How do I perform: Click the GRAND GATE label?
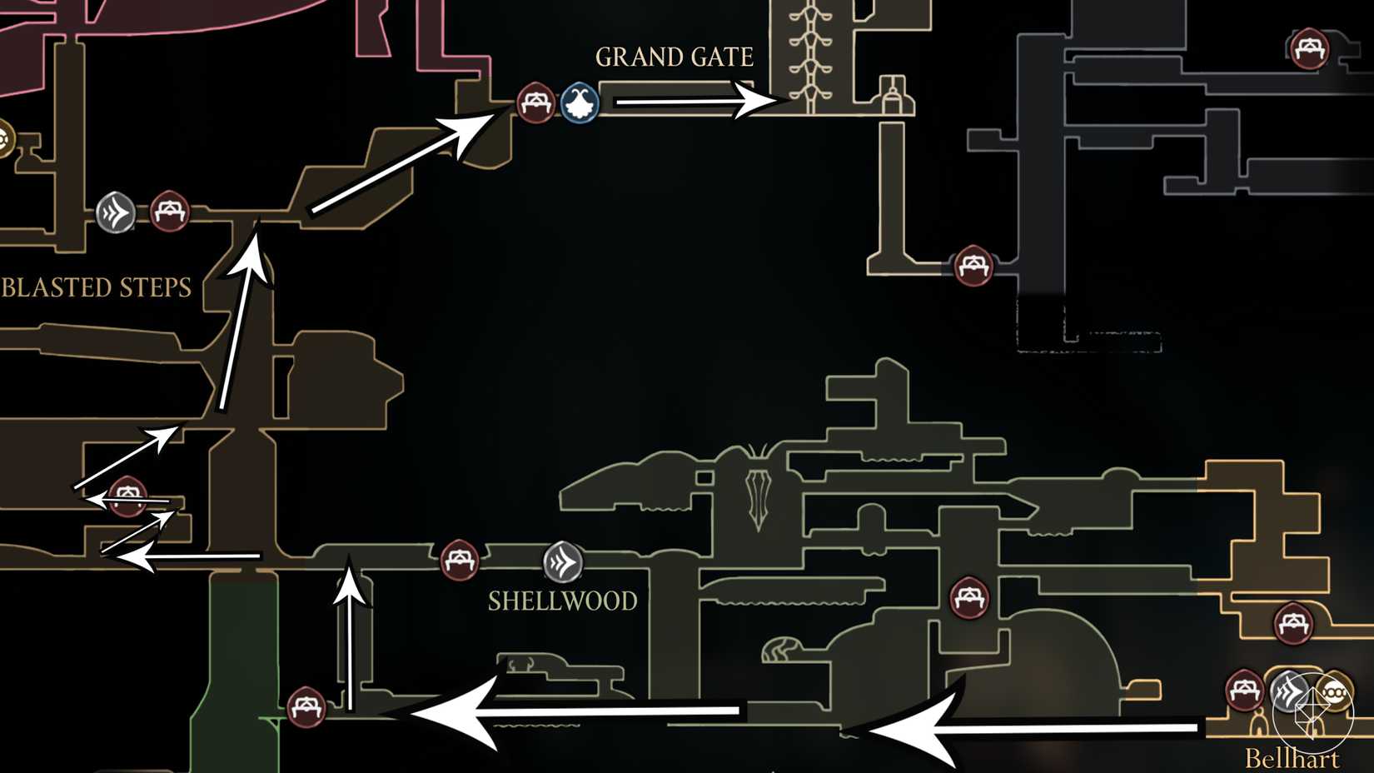[674, 57]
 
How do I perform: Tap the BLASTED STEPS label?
[97, 287]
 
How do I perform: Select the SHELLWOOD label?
[562, 601]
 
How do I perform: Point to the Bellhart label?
[1292, 758]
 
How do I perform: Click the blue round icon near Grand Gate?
[580, 103]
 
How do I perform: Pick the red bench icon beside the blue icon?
[535, 103]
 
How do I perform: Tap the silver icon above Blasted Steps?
[116, 212]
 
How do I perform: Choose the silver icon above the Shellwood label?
[563, 561]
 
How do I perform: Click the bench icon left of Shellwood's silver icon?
[459, 560]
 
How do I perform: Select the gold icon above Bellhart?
[1334, 692]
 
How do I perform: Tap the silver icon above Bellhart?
[1290, 691]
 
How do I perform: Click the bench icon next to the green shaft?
[306, 707]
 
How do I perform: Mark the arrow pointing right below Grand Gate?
[695, 102]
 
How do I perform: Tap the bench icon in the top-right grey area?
[1309, 47]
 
